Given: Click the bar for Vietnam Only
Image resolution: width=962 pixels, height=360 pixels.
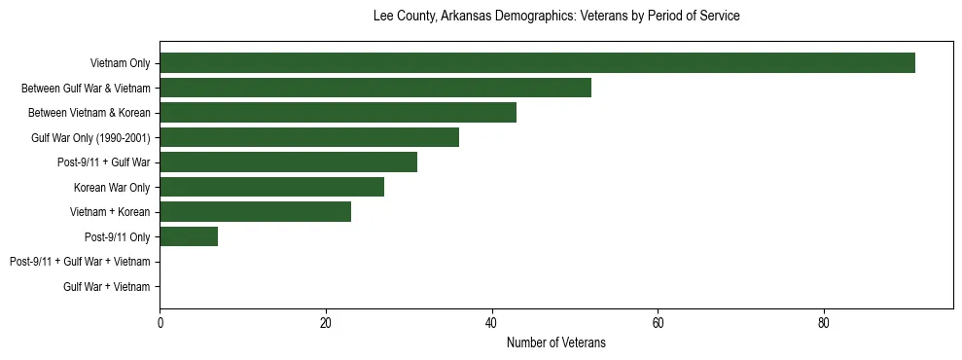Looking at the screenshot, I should (537, 63).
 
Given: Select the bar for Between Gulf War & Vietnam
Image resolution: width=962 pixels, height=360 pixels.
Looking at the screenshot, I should (375, 88).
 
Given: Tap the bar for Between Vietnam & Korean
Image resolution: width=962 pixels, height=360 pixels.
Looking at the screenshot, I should (338, 113).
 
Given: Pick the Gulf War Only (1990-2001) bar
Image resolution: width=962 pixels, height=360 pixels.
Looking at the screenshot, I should (309, 137).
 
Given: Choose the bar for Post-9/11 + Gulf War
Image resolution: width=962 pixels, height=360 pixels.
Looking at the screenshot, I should (288, 162).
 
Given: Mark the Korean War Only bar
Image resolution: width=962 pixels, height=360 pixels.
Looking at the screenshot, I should (271, 187).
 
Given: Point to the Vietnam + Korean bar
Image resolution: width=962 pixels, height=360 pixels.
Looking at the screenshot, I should (255, 212).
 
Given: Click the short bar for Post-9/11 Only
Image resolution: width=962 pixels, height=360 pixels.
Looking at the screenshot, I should (189, 236).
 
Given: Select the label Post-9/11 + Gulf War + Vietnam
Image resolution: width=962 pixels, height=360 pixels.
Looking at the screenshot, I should (80, 262).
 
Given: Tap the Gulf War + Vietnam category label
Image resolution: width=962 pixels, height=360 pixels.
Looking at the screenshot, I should (106, 287).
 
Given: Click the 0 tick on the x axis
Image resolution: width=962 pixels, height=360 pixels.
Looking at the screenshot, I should (160, 323).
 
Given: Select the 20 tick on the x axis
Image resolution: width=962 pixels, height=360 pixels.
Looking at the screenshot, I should (326, 323).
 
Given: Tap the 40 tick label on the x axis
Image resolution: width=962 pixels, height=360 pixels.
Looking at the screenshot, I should (492, 323).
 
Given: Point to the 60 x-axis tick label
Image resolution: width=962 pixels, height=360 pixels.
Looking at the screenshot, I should (658, 323).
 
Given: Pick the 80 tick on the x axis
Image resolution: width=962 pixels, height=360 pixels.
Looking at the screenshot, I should (824, 323).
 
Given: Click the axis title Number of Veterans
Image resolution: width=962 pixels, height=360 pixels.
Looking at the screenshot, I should (556, 342).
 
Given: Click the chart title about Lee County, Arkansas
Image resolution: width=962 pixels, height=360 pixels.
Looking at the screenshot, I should (556, 17).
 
